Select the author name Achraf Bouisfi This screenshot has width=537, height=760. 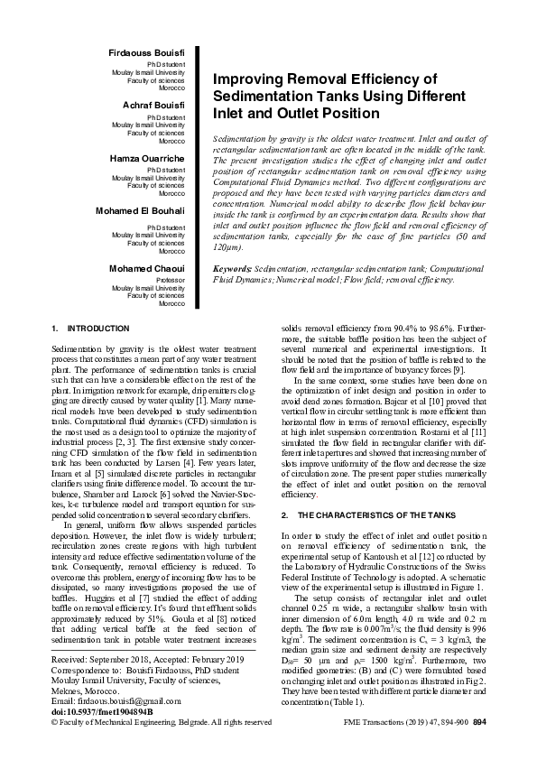pyautogui.click(x=153, y=106)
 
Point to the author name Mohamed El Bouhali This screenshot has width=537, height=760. pyautogui.click(x=141, y=209)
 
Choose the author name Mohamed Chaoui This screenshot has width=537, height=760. pyautogui.click(x=148, y=269)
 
